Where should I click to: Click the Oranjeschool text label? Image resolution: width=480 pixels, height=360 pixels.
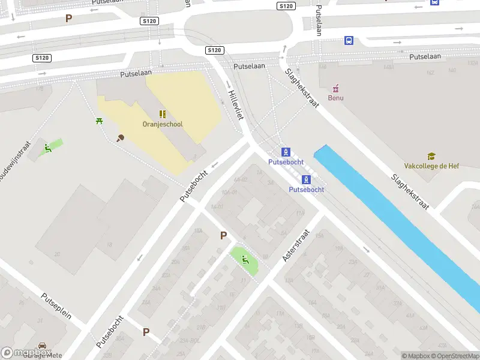163,124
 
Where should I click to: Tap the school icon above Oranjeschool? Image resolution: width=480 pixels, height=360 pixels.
163,114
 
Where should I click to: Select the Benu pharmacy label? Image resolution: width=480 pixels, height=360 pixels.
335,97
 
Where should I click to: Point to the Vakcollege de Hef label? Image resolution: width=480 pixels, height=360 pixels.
431,166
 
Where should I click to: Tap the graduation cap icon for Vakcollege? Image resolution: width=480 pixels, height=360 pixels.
431,157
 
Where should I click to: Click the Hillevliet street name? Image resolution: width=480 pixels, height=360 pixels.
235,105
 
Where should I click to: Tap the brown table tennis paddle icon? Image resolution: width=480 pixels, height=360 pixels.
120,139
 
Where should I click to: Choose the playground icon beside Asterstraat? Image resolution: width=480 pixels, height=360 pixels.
245,260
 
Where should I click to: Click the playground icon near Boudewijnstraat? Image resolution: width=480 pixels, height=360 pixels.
49,148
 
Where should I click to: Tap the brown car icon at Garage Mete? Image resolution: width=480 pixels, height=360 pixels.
42,346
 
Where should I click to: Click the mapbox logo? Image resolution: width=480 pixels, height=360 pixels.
26,353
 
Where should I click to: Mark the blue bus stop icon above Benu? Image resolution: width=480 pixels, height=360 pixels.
349,41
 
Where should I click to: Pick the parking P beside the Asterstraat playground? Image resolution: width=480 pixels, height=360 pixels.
223,236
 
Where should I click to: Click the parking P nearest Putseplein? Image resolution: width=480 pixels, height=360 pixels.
146,332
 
